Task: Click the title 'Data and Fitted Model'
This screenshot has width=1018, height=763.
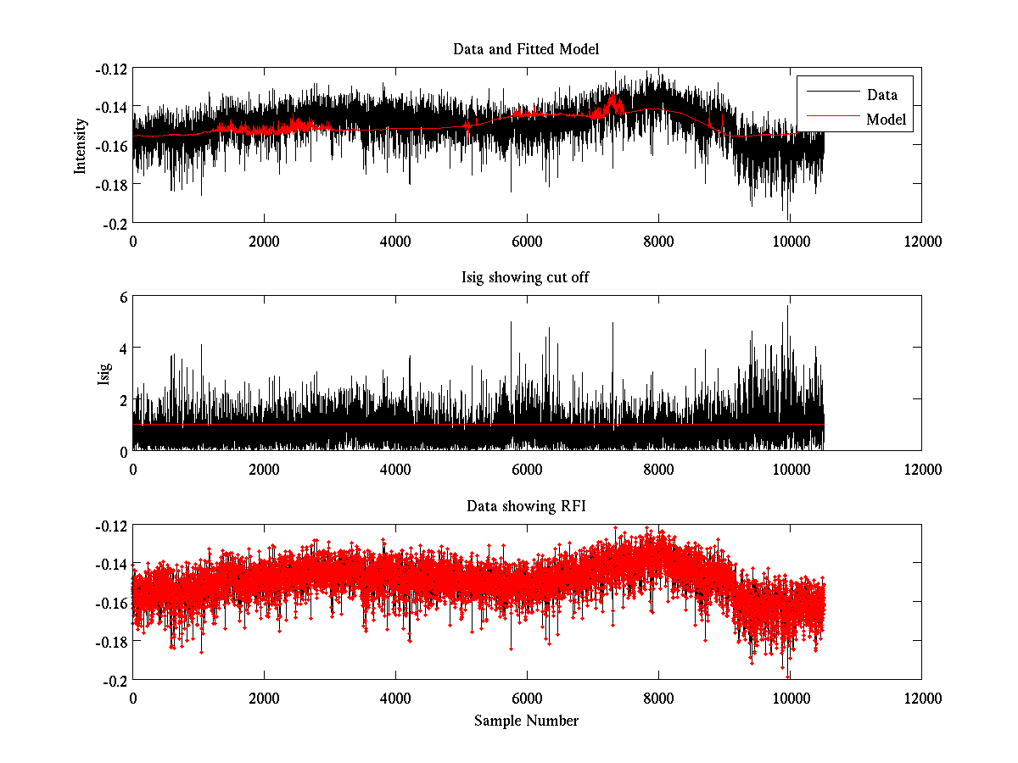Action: pyautogui.click(x=526, y=49)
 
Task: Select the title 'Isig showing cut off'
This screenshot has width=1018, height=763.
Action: pyautogui.click(x=526, y=278)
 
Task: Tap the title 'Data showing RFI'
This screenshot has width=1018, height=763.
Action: pyautogui.click(x=526, y=507)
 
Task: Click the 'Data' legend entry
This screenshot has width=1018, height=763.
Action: pyautogui.click(x=881, y=95)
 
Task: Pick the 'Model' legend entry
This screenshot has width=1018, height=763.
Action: pyautogui.click(x=886, y=120)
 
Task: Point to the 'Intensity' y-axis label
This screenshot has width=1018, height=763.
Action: pyautogui.click(x=81, y=145)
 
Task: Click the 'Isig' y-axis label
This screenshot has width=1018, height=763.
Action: pyautogui.click(x=104, y=374)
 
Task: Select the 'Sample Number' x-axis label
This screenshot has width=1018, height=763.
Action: pyautogui.click(x=526, y=721)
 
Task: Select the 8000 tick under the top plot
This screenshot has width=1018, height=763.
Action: pyautogui.click(x=658, y=241)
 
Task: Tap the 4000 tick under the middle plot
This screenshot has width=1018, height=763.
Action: pyautogui.click(x=395, y=469)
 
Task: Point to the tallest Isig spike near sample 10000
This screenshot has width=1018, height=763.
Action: pyautogui.click(x=787, y=307)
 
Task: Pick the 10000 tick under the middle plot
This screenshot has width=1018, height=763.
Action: pyautogui.click(x=790, y=469)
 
